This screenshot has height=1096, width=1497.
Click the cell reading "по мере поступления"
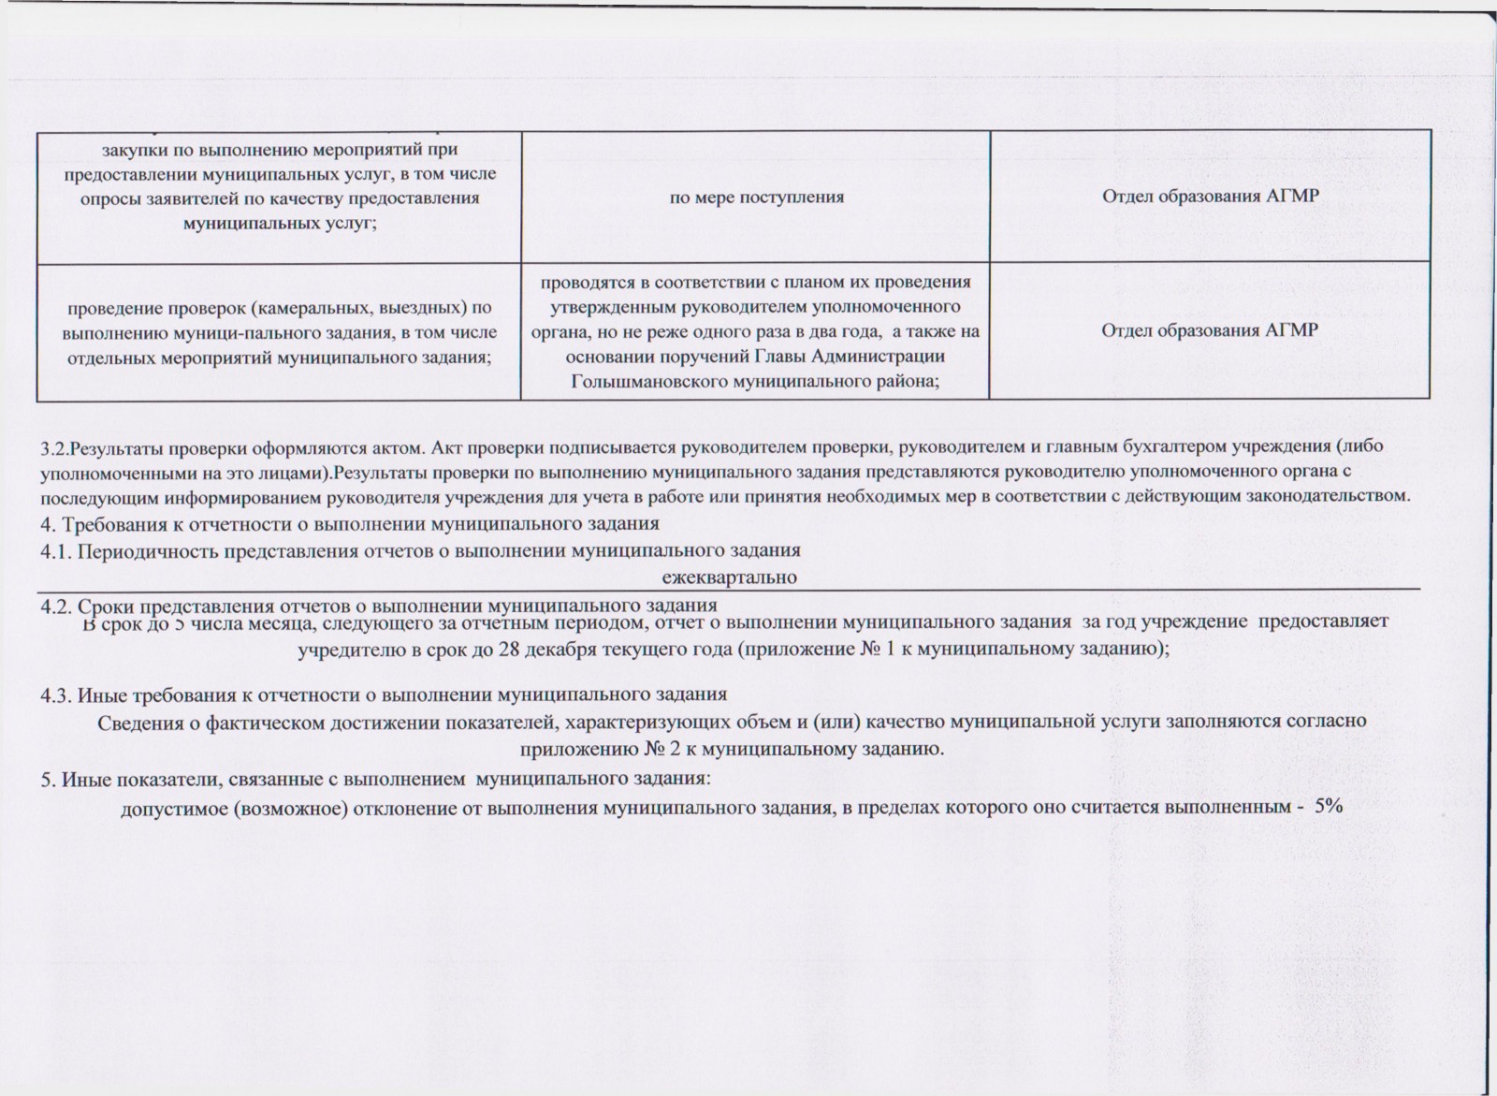tap(756, 197)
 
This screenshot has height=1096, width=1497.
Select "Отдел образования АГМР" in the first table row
tap(1210, 197)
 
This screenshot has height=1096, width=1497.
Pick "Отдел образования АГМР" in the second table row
tap(1210, 331)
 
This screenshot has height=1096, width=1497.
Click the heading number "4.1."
tap(56, 550)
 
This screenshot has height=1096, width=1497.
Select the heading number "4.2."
tap(56, 606)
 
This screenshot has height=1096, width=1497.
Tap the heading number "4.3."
tap(56, 695)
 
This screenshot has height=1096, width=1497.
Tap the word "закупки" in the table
tap(129, 150)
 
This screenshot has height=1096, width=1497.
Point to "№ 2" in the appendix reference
tap(658, 750)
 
